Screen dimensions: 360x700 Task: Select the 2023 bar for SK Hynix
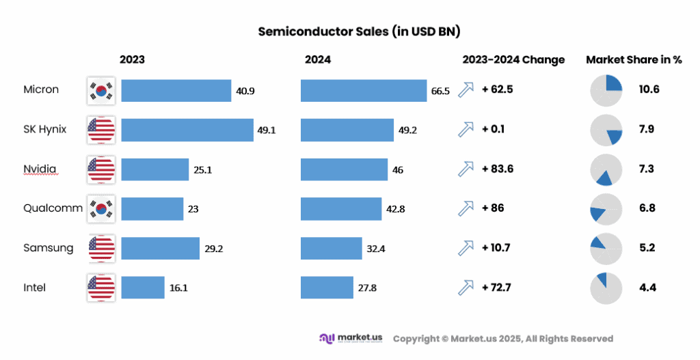tap(187, 130)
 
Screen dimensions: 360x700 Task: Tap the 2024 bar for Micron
tap(364, 90)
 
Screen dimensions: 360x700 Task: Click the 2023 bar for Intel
tap(143, 288)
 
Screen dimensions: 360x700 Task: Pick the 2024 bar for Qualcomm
tap(341, 209)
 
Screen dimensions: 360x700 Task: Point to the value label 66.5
tap(440, 91)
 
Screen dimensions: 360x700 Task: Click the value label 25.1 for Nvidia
tap(203, 169)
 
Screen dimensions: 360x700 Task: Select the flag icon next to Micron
tap(101, 90)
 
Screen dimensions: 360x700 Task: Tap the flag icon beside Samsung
tap(101, 248)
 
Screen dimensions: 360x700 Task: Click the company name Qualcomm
tap(52, 208)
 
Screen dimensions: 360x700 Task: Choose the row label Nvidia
tap(40, 169)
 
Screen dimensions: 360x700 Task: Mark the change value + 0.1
tap(493, 129)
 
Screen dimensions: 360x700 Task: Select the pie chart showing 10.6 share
tap(606, 90)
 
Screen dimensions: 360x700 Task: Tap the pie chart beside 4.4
tap(606, 288)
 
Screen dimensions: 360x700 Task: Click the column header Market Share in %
tap(634, 59)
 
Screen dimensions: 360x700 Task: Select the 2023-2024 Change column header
tap(513, 59)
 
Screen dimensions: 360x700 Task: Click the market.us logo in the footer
tap(351, 338)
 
